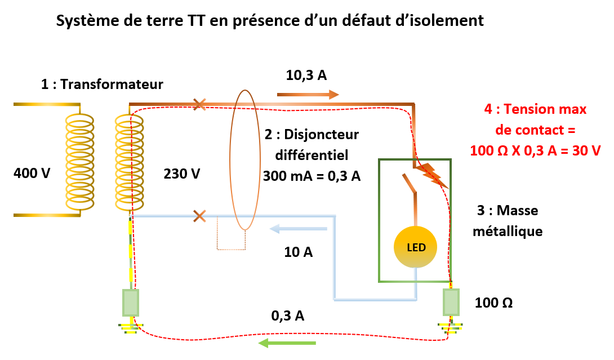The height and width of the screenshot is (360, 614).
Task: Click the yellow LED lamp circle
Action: (x=416, y=247)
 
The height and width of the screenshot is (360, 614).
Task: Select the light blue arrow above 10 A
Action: (x=299, y=229)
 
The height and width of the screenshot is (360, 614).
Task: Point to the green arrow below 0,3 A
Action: (x=287, y=343)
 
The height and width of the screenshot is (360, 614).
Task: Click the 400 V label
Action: (x=32, y=173)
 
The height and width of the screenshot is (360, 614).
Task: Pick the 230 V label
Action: (x=181, y=174)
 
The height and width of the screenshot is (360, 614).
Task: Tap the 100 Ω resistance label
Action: (x=493, y=303)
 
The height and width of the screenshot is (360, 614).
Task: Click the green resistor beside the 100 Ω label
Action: (x=451, y=303)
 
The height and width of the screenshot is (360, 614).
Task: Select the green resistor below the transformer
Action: (x=131, y=303)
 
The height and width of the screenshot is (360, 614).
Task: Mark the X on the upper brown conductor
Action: (x=199, y=104)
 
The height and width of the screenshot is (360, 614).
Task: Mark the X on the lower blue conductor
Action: (x=199, y=216)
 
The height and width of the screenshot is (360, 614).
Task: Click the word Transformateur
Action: (x=112, y=85)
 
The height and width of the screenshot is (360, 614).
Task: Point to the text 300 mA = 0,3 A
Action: (x=312, y=175)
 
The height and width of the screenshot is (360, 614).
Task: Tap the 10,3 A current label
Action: (x=306, y=75)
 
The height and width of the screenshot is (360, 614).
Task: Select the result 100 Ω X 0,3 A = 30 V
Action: (x=535, y=150)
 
